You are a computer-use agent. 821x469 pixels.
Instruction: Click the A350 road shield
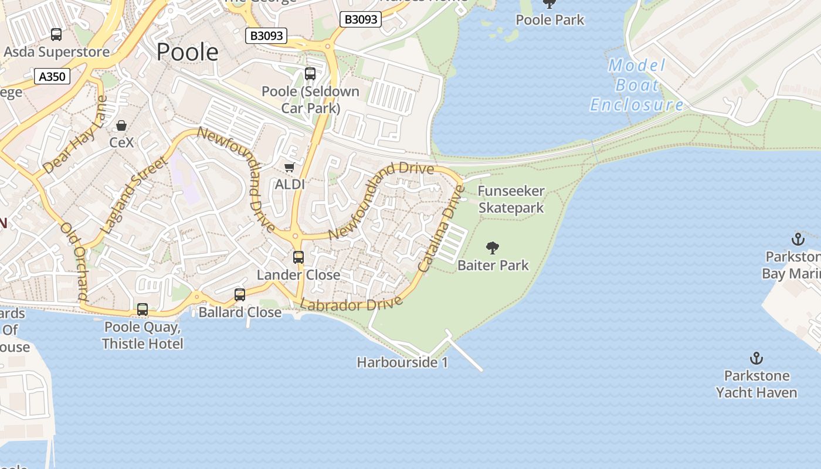click(x=52, y=76)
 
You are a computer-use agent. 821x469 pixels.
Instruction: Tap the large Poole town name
click(x=188, y=52)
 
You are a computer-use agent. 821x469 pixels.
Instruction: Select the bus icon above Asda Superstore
click(x=56, y=35)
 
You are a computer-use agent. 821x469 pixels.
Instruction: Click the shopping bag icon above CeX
click(x=121, y=125)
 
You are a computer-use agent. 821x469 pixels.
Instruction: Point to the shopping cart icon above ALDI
click(x=289, y=168)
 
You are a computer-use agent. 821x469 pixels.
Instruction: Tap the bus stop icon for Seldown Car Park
click(x=310, y=74)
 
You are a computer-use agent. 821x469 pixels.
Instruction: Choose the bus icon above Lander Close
click(x=298, y=257)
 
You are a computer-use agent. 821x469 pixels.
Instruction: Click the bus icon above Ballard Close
click(x=240, y=294)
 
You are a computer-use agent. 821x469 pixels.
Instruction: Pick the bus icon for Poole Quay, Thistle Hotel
click(x=143, y=310)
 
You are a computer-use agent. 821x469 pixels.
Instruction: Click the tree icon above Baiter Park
click(x=493, y=248)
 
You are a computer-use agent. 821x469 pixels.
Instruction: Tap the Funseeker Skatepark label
click(x=511, y=199)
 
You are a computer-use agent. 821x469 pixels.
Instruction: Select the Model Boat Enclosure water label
click(x=637, y=86)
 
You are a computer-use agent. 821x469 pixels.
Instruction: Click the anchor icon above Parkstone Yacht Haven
click(x=756, y=358)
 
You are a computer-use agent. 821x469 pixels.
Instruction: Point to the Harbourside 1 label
click(x=402, y=362)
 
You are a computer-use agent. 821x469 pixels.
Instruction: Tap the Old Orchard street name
click(x=74, y=261)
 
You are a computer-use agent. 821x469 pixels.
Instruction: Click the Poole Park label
click(x=550, y=20)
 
